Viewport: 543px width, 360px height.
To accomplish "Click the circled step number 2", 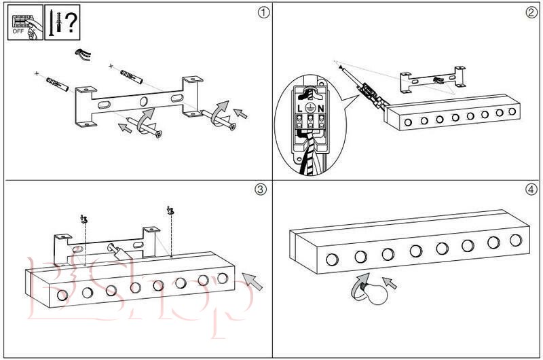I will [531, 13].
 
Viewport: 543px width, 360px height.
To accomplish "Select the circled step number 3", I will [260, 190].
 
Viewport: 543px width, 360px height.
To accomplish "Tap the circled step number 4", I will [531, 189].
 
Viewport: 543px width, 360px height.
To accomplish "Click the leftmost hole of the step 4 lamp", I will [333, 259].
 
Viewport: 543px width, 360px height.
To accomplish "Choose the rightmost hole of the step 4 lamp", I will [516, 240].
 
